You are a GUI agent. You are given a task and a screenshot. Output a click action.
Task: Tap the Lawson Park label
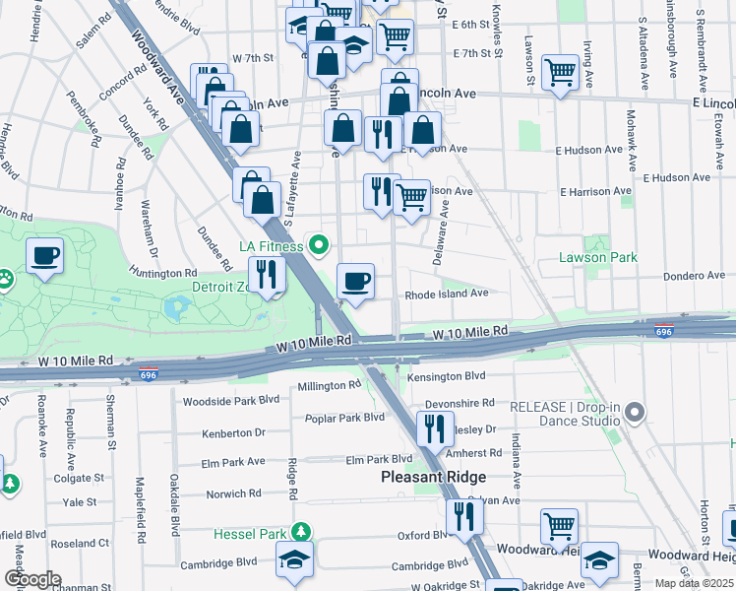point(598,257)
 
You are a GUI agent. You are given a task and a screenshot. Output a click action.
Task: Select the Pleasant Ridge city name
point(434,477)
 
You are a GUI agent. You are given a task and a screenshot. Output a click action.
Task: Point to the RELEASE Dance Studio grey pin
point(635,412)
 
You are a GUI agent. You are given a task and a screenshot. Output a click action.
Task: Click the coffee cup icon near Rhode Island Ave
point(355,282)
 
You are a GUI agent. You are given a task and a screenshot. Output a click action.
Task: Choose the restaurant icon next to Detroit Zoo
point(264,274)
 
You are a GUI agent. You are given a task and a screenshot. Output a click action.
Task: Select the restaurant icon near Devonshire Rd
point(431,428)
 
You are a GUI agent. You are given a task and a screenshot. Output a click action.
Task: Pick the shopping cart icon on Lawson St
point(560,71)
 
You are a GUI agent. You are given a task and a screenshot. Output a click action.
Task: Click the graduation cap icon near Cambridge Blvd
point(294,560)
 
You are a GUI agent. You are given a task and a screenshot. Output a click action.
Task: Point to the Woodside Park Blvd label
point(231,401)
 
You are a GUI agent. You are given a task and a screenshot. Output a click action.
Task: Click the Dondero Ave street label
point(695,277)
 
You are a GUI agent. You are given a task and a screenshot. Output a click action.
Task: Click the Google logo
point(32,579)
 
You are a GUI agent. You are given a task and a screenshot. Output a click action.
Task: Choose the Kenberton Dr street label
point(233,432)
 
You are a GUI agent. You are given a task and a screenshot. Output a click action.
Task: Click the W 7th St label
point(252,59)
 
